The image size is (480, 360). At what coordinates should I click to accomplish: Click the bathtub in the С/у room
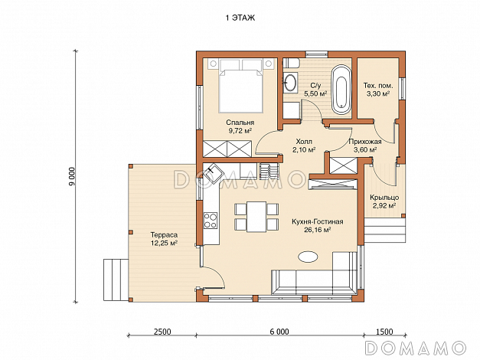341,90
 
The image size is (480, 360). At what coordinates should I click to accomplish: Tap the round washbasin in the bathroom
290,82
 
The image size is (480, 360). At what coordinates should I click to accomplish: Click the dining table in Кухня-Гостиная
256,217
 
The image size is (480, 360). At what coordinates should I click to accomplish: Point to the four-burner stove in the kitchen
211,221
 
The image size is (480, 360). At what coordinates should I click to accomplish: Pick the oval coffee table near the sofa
308,257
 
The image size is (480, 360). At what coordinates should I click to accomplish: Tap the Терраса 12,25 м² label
164,239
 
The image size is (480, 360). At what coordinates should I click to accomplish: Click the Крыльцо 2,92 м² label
384,201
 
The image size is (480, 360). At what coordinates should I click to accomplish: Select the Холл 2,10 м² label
304,146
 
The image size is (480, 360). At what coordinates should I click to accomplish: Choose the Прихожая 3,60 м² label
365,146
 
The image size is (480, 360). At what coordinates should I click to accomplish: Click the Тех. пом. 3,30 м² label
378,90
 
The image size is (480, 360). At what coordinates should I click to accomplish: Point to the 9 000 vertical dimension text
72,176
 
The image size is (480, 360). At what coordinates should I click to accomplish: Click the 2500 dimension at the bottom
162,332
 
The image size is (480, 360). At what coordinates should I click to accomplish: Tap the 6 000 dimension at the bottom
279,332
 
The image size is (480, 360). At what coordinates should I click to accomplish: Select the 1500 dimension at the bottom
384,332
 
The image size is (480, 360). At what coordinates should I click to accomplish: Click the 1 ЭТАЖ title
240,18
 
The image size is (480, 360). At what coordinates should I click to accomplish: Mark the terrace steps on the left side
116,280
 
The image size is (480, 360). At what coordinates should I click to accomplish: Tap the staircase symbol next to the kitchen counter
269,171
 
